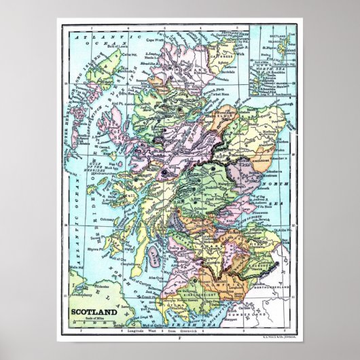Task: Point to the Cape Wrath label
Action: click(x=158, y=40)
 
